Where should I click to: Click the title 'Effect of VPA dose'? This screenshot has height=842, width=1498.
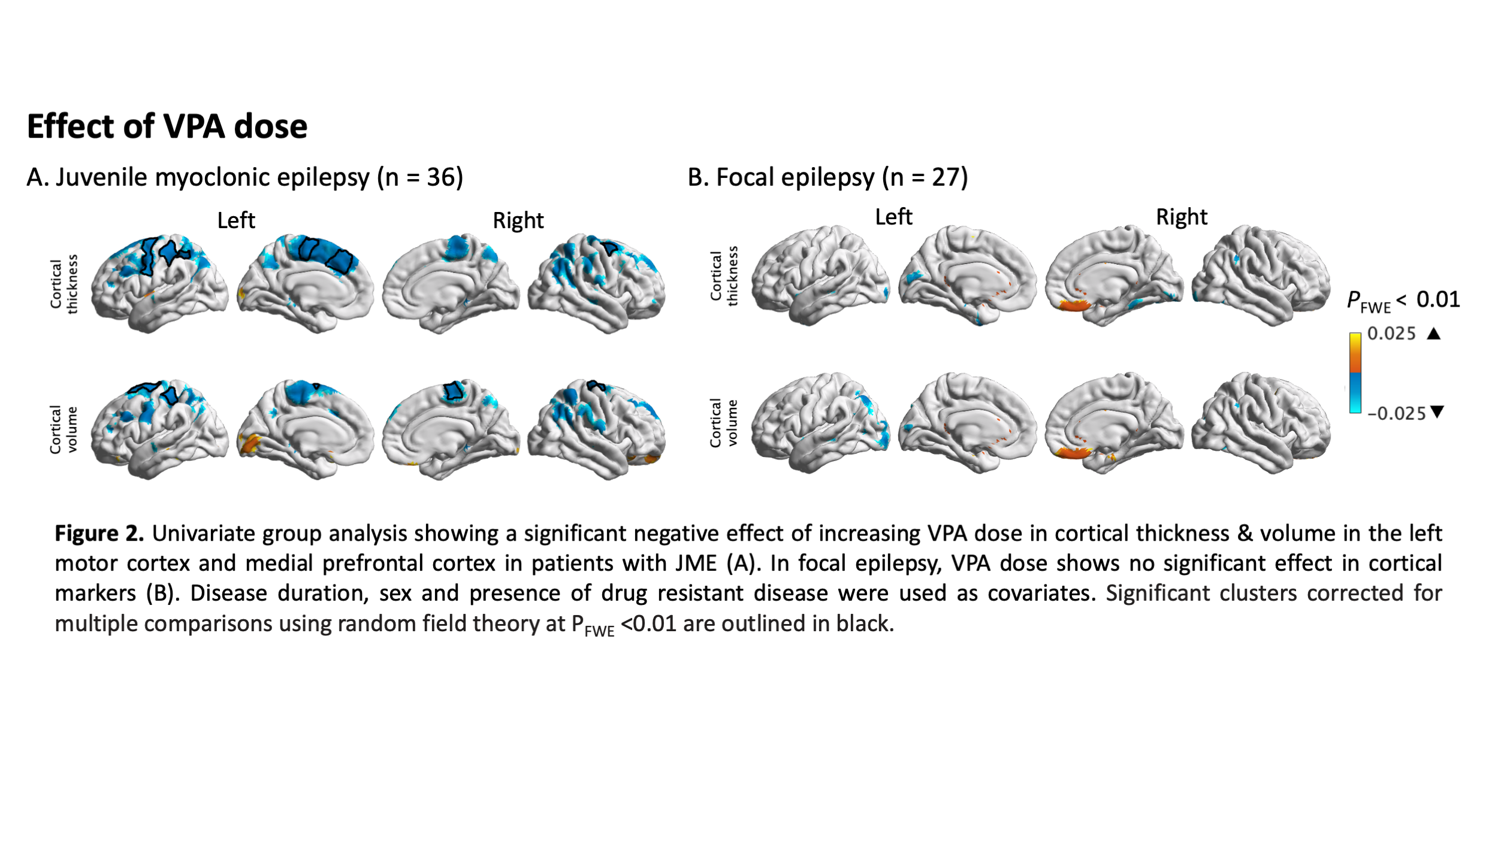click(167, 126)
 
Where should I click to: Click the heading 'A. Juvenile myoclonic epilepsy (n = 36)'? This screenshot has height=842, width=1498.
click(244, 177)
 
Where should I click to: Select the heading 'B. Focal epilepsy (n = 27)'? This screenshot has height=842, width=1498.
click(827, 177)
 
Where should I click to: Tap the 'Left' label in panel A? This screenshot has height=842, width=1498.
click(236, 220)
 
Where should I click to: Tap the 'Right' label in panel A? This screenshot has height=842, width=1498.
click(518, 220)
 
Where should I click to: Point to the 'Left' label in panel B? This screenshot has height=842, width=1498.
click(893, 217)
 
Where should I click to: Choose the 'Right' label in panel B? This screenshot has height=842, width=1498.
click(1181, 217)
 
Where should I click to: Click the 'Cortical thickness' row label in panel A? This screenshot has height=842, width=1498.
click(64, 284)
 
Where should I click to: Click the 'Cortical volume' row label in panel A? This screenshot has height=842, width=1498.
click(64, 429)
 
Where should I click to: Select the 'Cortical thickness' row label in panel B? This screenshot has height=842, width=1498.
click(724, 276)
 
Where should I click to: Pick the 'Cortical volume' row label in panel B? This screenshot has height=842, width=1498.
click(724, 423)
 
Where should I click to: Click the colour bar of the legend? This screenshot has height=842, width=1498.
click(1355, 372)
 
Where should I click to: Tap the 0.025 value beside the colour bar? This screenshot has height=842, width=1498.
click(1391, 334)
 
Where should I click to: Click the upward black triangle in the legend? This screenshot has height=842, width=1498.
click(1433, 334)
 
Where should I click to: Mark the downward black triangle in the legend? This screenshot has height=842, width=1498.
click(1437, 412)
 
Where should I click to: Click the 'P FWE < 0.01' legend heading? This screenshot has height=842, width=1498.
click(1403, 300)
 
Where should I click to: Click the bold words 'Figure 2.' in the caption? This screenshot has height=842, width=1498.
click(99, 534)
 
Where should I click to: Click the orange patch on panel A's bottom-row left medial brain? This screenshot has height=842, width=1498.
click(250, 445)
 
